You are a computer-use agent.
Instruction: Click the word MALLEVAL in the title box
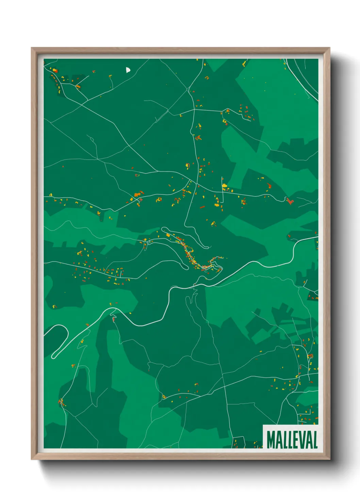(292, 440)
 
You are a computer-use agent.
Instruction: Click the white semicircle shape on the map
(128, 70)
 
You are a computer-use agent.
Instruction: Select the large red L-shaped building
(289, 201)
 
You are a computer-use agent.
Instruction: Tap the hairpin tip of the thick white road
(54, 356)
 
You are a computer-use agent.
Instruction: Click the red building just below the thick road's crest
(114, 319)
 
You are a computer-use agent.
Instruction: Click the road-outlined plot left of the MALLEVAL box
(239, 442)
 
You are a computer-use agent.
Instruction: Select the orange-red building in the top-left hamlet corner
(55, 71)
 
